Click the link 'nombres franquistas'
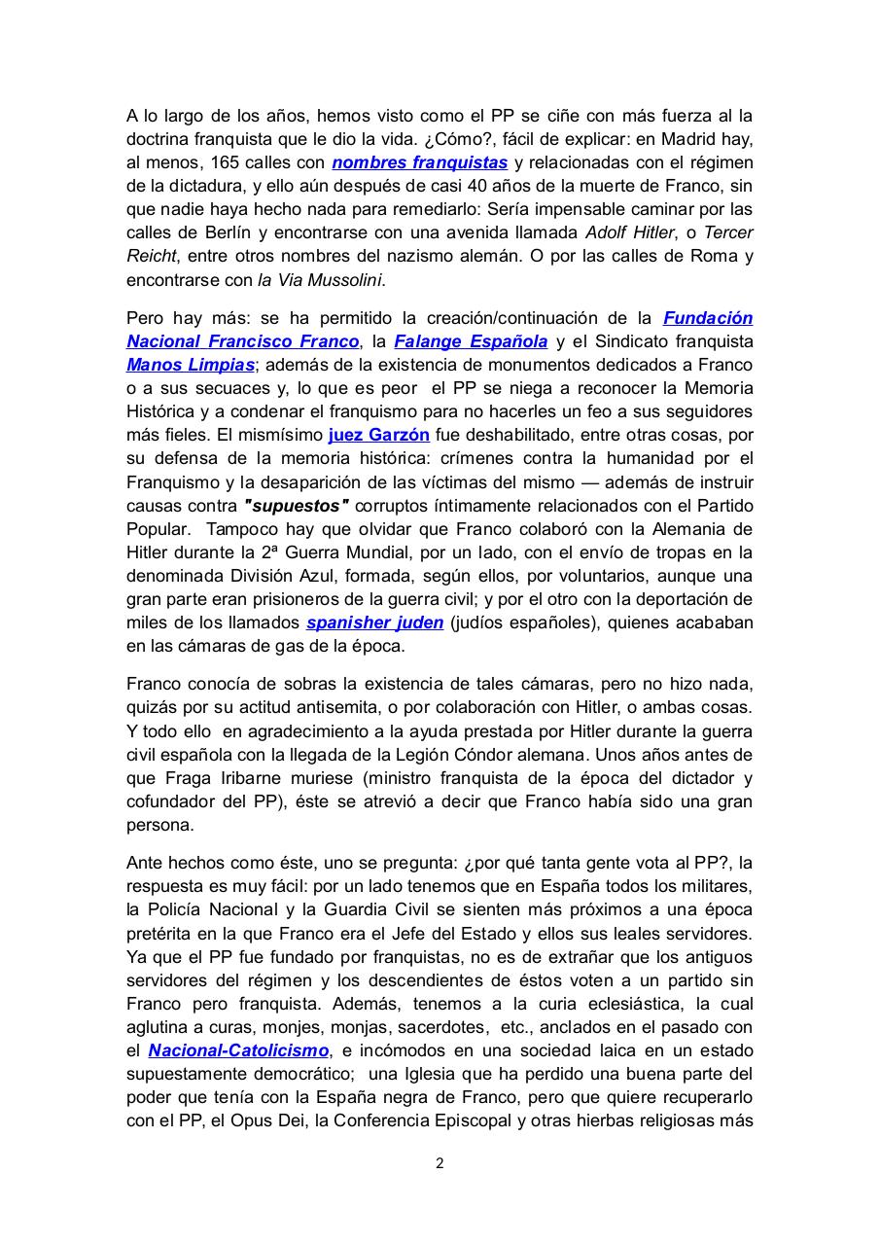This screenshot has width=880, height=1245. [419, 162]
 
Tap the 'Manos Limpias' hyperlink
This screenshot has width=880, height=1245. [191, 365]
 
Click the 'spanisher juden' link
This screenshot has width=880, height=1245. [374, 622]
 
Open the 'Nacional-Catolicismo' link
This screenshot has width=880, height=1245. [238, 1050]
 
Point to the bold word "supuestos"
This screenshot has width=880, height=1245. [296, 506]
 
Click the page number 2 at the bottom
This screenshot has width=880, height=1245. [440, 1163]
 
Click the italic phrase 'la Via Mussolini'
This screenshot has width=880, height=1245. [320, 280]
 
